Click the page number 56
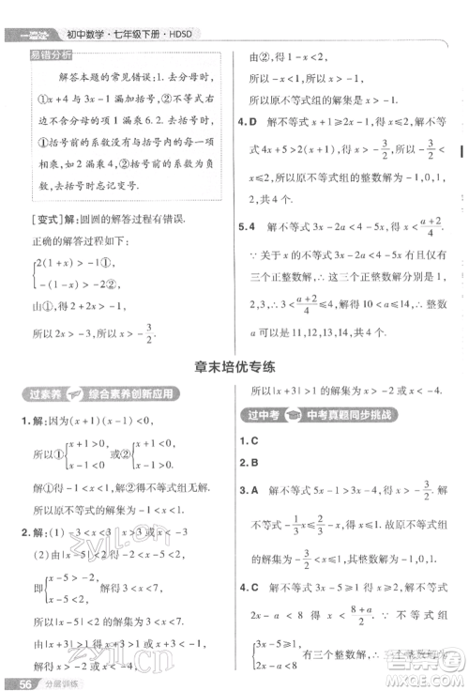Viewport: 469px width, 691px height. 15,682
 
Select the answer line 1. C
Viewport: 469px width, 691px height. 248,439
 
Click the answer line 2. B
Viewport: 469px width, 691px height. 248,462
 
